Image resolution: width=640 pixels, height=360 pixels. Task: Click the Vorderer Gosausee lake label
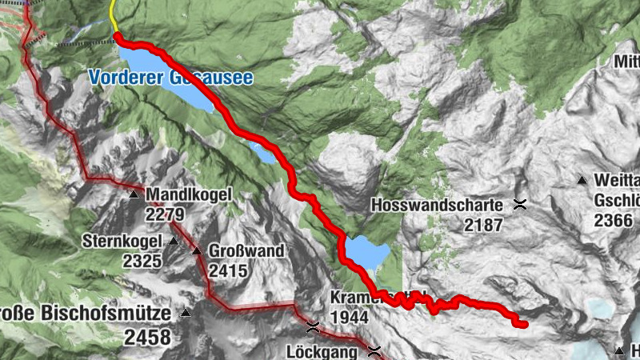(x=170, y=78)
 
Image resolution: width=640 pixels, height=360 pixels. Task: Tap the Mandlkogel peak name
(x=188, y=194)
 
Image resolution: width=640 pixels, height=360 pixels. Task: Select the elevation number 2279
(x=166, y=214)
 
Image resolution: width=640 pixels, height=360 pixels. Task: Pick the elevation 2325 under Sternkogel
(x=142, y=261)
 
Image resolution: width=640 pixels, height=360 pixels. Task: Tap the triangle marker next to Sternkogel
(x=173, y=241)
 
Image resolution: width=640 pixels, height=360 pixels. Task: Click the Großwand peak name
(x=246, y=252)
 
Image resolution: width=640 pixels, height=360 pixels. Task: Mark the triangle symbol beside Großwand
(x=197, y=251)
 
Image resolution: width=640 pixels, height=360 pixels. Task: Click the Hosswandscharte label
(x=437, y=206)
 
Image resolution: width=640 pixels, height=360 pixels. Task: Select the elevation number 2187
(x=483, y=226)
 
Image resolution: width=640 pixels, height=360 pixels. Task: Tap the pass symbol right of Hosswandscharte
(x=521, y=205)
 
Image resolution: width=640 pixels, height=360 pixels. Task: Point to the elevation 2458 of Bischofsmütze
(x=147, y=337)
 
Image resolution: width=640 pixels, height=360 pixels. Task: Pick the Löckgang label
(x=322, y=351)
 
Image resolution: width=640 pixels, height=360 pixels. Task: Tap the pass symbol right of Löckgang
(x=374, y=350)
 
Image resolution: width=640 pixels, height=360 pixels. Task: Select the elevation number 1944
(x=349, y=318)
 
